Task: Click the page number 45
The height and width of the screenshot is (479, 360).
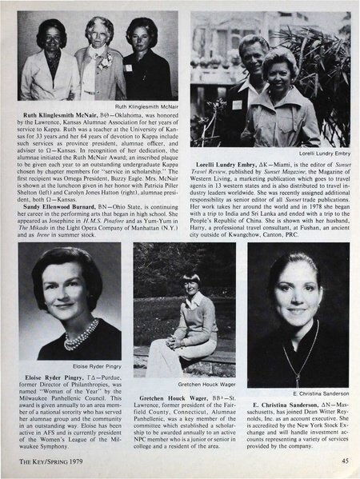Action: [x=343, y=461]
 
